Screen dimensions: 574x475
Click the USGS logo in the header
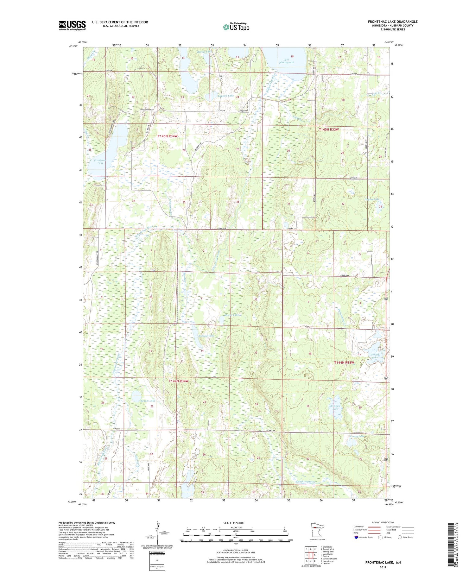[72, 25]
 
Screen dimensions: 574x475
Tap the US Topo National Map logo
[236, 27]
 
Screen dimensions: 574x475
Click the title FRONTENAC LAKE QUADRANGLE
[392, 22]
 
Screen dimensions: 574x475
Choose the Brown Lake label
[148, 401]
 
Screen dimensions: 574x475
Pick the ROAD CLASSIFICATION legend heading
[383, 522]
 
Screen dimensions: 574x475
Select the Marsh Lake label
[231, 315]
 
